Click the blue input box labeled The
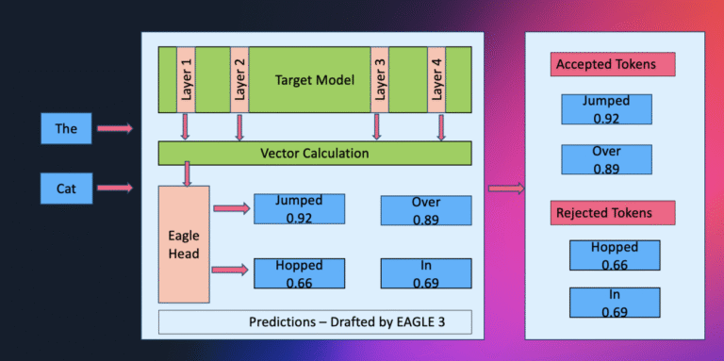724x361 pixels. click(66, 128)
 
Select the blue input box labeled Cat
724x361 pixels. click(66, 189)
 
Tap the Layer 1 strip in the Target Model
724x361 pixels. click(185, 80)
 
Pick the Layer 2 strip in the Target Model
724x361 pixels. click(239, 80)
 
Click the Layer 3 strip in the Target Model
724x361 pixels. click(379, 80)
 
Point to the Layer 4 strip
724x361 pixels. click(437, 80)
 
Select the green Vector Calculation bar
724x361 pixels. click(314, 153)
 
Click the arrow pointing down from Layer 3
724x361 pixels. click(377, 126)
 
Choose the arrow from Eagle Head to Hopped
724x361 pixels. click(231, 271)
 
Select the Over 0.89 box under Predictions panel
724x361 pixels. click(426, 210)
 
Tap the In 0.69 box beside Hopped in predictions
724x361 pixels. click(426, 273)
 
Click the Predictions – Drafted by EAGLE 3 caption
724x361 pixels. click(314, 321)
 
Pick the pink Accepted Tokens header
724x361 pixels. click(613, 65)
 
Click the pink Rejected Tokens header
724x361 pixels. click(613, 213)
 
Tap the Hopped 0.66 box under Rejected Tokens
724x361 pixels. click(615, 255)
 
